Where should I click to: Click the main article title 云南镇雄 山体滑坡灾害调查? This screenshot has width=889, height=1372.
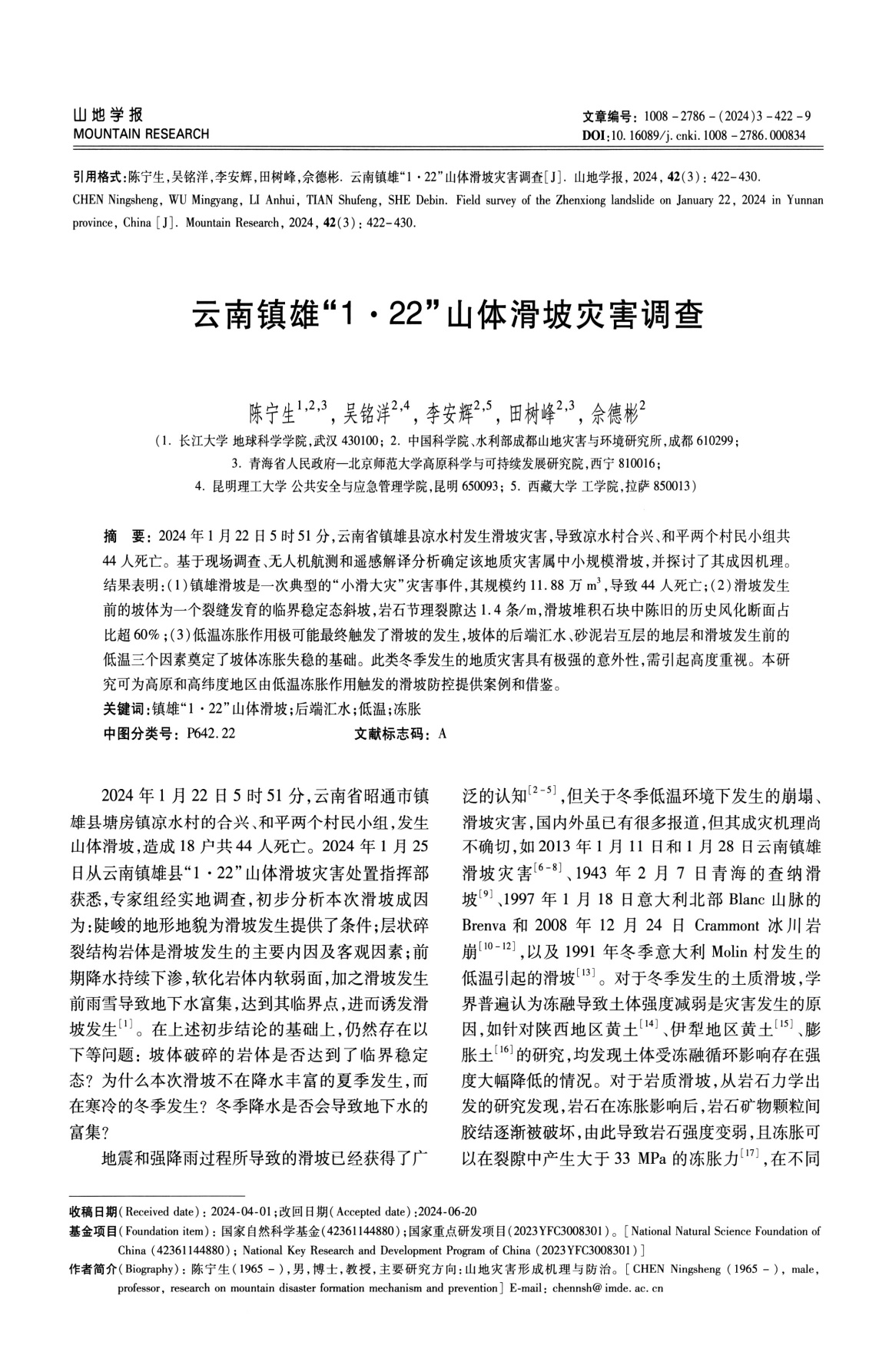[447, 315]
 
